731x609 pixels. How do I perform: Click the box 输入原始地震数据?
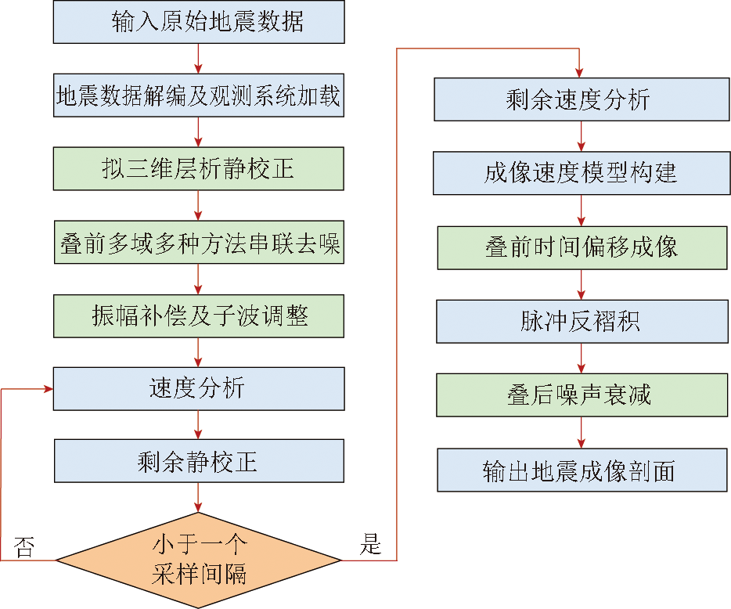click(x=199, y=21)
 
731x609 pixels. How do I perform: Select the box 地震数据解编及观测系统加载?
click(x=199, y=95)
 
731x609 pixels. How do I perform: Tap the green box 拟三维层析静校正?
click(x=199, y=168)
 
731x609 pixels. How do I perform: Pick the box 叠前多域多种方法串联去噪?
click(x=199, y=242)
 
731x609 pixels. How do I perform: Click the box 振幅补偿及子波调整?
click(x=199, y=315)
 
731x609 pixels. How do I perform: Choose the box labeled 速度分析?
click(x=199, y=388)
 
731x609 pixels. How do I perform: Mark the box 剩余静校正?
click(x=199, y=461)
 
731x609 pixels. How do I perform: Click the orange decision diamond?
click(x=199, y=560)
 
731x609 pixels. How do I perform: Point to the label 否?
click(x=24, y=546)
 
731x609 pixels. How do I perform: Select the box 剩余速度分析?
click(x=580, y=99)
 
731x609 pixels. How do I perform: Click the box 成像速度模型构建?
click(x=580, y=173)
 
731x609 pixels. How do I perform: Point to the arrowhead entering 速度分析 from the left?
click(x=49, y=388)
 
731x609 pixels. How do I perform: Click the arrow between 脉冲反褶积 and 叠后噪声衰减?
click(x=581, y=358)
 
